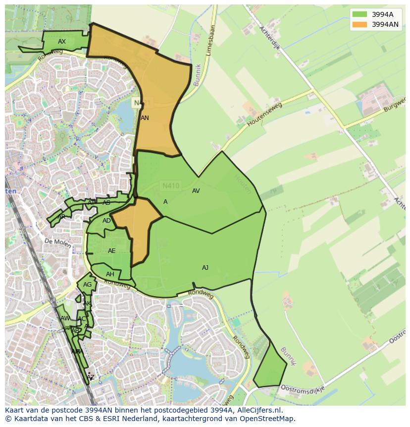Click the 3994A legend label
click(x=382, y=14)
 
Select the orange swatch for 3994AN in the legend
click(x=360, y=24)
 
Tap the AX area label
click(x=62, y=42)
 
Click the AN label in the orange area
click(x=145, y=118)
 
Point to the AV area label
click(x=196, y=191)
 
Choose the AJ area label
click(x=205, y=268)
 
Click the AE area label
click(x=111, y=251)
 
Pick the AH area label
click(x=110, y=274)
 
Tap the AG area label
click(x=87, y=285)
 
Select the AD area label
click(x=106, y=221)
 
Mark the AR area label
click(x=61, y=217)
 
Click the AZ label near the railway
click(x=90, y=377)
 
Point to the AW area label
click(x=65, y=318)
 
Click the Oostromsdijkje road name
click(x=302, y=388)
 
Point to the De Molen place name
click(x=55, y=241)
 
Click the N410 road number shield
click(x=171, y=186)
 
